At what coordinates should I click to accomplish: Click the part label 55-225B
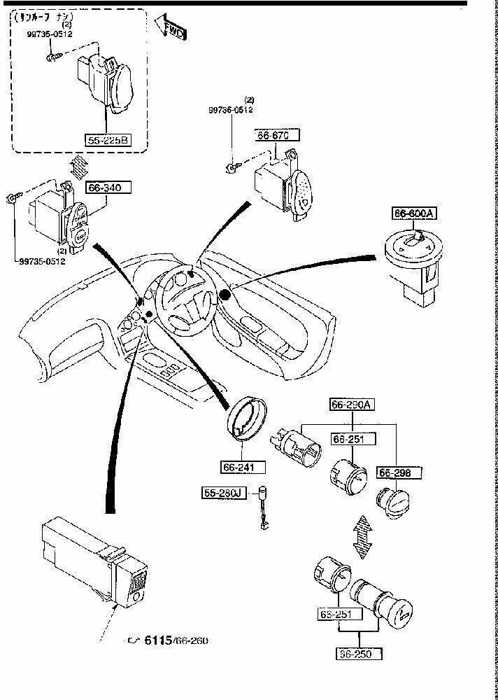pyautogui.click(x=108, y=140)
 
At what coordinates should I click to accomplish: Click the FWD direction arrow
pyautogui.click(x=171, y=29)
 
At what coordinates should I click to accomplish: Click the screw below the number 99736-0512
pyautogui.click(x=230, y=166)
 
